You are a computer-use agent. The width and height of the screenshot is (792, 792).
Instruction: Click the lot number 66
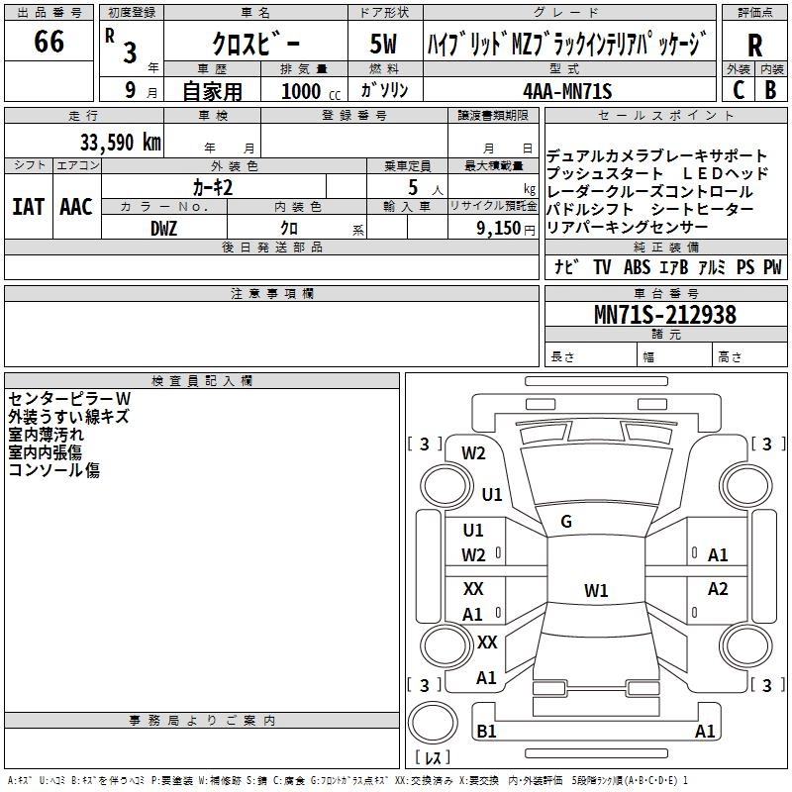click(x=49, y=41)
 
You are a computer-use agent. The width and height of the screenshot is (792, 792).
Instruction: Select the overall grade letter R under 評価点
click(x=754, y=46)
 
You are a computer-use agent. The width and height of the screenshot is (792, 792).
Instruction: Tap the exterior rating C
click(x=739, y=90)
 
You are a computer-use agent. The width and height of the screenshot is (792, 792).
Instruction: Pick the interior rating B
click(x=770, y=90)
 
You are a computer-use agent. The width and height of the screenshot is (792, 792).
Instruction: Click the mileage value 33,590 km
click(x=120, y=143)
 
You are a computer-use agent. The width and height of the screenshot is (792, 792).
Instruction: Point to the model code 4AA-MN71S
click(x=567, y=91)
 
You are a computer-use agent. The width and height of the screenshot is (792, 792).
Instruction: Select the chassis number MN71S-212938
click(x=665, y=314)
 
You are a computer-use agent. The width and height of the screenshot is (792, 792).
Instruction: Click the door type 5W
click(x=383, y=44)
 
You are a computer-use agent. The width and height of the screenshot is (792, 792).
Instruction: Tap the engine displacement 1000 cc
click(x=311, y=91)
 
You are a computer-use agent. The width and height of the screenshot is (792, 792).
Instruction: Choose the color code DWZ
click(x=163, y=229)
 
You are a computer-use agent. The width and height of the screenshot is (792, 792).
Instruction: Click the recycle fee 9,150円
click(x=506, y=229)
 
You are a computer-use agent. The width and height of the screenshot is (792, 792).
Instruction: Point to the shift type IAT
click(x=28, y=207)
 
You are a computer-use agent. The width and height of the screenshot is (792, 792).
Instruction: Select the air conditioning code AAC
click(x=76, y=207)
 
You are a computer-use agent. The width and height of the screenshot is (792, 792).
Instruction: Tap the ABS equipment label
click(x=637, y=267)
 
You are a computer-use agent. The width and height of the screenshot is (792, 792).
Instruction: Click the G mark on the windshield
click(x=566, y=522)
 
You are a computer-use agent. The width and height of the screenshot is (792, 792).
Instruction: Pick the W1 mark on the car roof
click(x=596, y=590)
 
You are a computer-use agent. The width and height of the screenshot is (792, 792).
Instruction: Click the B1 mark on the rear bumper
click(x=486, y=731)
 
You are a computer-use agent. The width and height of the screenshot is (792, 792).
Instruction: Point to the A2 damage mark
click(x=718, y=589)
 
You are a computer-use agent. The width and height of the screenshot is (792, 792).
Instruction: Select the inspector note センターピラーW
click(x=69, y=399)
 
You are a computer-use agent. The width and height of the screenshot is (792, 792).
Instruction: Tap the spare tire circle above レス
click(x=433, y=723)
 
